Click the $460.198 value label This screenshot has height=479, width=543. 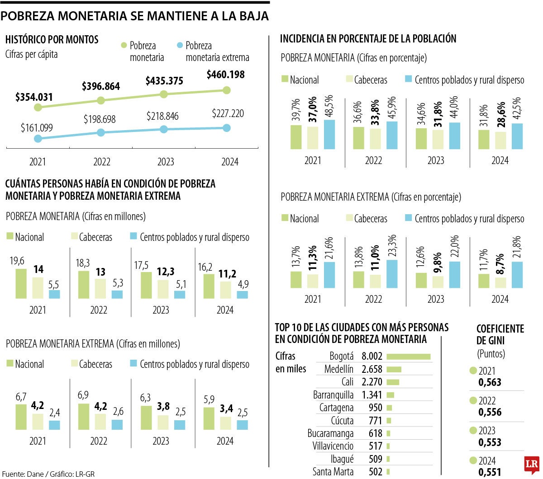(225, 75)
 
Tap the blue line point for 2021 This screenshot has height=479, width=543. (38, 139)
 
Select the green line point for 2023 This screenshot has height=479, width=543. (164, 94)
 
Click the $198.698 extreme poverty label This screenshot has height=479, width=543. (100, 119)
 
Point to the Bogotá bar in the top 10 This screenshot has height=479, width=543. (408, 357)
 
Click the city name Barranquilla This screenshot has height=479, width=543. (333, 395)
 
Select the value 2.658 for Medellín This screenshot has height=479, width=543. (372, 369)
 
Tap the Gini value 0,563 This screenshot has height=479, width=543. (490, 382)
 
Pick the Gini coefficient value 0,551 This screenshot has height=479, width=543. (490, 472)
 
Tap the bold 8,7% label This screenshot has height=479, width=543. (500, 263)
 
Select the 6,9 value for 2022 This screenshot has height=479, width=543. (83, 395)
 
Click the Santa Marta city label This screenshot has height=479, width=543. (333, 472)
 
